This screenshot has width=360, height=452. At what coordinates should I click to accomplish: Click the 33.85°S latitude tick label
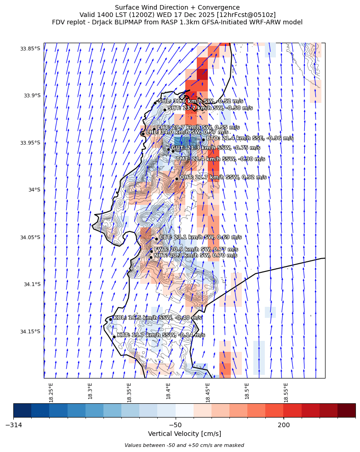coord(30,49)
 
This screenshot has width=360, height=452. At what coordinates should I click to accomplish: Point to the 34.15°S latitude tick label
coord(30,332)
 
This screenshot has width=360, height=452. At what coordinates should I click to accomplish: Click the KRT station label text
coord(160,335)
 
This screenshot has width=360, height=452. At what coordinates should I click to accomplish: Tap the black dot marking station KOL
coord(110,319)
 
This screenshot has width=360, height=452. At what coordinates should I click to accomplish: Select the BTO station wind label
coord(249,138)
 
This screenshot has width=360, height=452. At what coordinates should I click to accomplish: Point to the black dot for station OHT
coord(177,179)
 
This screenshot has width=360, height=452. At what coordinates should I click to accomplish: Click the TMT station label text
coord(220,159)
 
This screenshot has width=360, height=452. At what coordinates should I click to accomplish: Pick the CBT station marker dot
coord(156,239)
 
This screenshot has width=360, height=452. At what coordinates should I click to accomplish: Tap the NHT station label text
coord(195,255)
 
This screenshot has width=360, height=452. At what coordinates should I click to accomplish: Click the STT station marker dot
coord(165,110)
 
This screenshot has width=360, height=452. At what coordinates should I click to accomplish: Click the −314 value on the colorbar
coord(14,425)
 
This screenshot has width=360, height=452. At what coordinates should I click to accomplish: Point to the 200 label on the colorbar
coord(284,425)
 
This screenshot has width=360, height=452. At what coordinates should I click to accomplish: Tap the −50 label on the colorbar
coord(175,425)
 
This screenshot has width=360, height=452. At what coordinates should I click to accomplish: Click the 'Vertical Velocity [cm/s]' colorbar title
coord(184,434)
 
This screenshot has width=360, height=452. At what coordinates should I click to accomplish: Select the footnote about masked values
coord(184,445)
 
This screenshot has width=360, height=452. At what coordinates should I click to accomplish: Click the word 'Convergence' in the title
coord(218,7)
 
